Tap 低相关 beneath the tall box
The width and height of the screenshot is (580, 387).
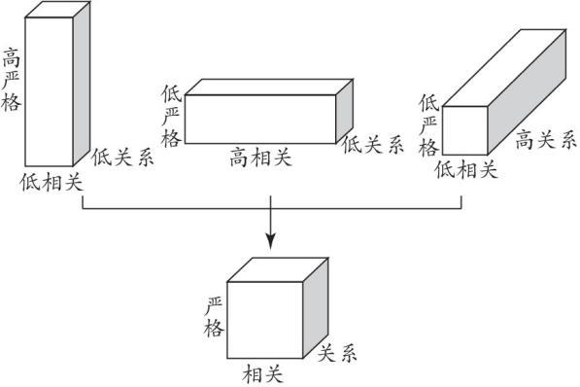[x=50, y=182]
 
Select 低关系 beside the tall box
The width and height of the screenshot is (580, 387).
[x=122, y=158]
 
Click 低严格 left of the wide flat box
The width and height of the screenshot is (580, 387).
[x=171, y=117]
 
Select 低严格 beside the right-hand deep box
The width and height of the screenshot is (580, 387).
[x=428, y=123]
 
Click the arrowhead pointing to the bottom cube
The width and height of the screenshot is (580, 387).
[x=271, y=238]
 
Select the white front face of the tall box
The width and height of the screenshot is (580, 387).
[x=49, y=92]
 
